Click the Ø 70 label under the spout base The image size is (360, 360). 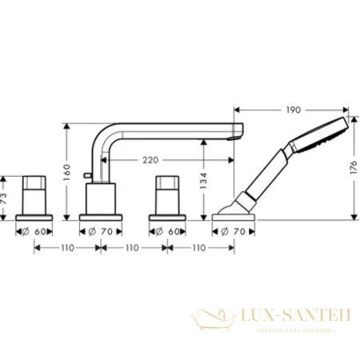coord(100,230)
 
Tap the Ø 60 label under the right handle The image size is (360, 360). coord(166,230)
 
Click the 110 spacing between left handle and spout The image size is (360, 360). coord(66,249)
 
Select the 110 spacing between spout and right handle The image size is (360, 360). coord(133,249)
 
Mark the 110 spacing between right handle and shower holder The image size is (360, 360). coord(199,249)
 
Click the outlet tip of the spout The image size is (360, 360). coord(234,132)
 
